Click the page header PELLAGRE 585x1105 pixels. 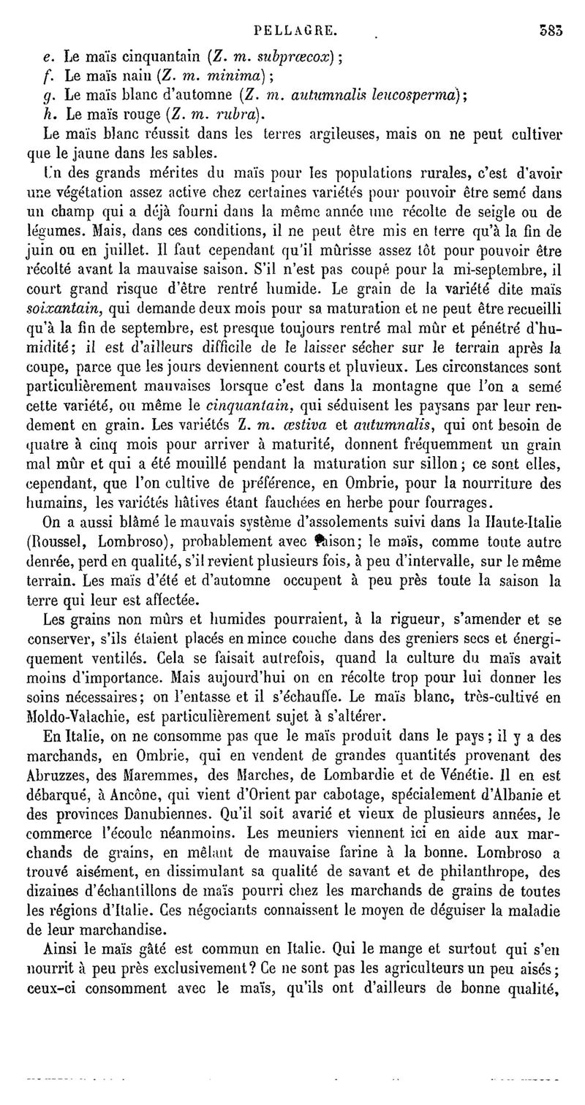[x=295, y=11]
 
